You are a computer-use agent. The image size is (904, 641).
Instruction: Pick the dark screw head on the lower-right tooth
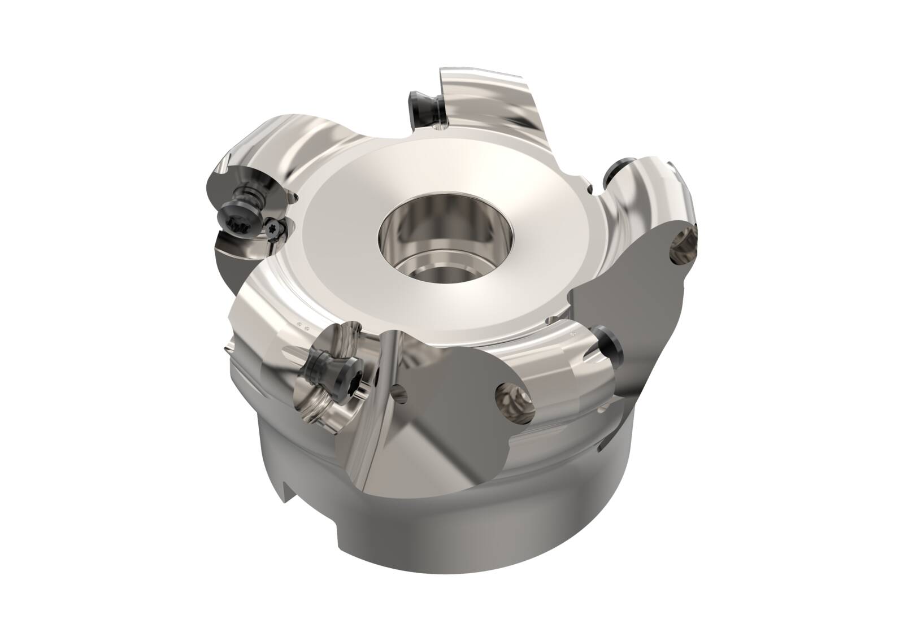(610, 344)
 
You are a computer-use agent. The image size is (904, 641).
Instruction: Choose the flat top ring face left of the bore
(339, 226)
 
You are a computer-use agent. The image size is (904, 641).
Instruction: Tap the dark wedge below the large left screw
(237, 251)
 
